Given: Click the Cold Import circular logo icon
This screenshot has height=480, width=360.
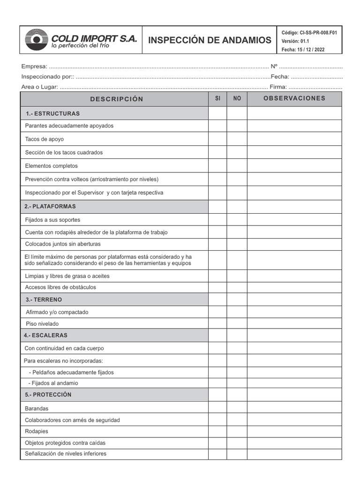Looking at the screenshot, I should click(x=37, y=40).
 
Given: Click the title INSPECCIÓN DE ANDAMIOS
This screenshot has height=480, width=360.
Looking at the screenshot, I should click(x=210, y=40).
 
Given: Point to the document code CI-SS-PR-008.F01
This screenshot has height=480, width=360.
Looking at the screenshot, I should click(x=309, y=33).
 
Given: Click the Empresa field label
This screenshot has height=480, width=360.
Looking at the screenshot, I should click(x=34, y=67).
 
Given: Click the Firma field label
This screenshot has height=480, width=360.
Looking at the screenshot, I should click(x=278, y=87).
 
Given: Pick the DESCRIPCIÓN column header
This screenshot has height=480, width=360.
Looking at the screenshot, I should click(x=117, y=99).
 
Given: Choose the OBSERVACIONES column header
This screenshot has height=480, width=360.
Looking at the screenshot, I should click(x=294, y=98).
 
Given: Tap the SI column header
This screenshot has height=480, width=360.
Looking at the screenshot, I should click(x=217, y=99).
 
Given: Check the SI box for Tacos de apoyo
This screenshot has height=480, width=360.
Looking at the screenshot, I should click(x=217, y=139).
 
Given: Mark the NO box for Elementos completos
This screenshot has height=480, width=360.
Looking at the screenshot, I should click(x=237, y=166).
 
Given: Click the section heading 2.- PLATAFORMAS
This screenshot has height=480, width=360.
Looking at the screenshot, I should click(x=50, y=206).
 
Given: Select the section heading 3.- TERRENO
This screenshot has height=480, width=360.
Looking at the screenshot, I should click(x=44, y=300).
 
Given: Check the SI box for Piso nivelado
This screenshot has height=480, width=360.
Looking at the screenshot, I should click(x=217, y=323).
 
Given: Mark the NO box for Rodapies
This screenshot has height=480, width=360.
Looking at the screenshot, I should click(x=237, y=431).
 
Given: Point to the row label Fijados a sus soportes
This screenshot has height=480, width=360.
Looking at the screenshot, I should click(x=52, y=220).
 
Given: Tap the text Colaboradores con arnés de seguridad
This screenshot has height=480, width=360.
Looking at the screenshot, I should click(x=72, y=420).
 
